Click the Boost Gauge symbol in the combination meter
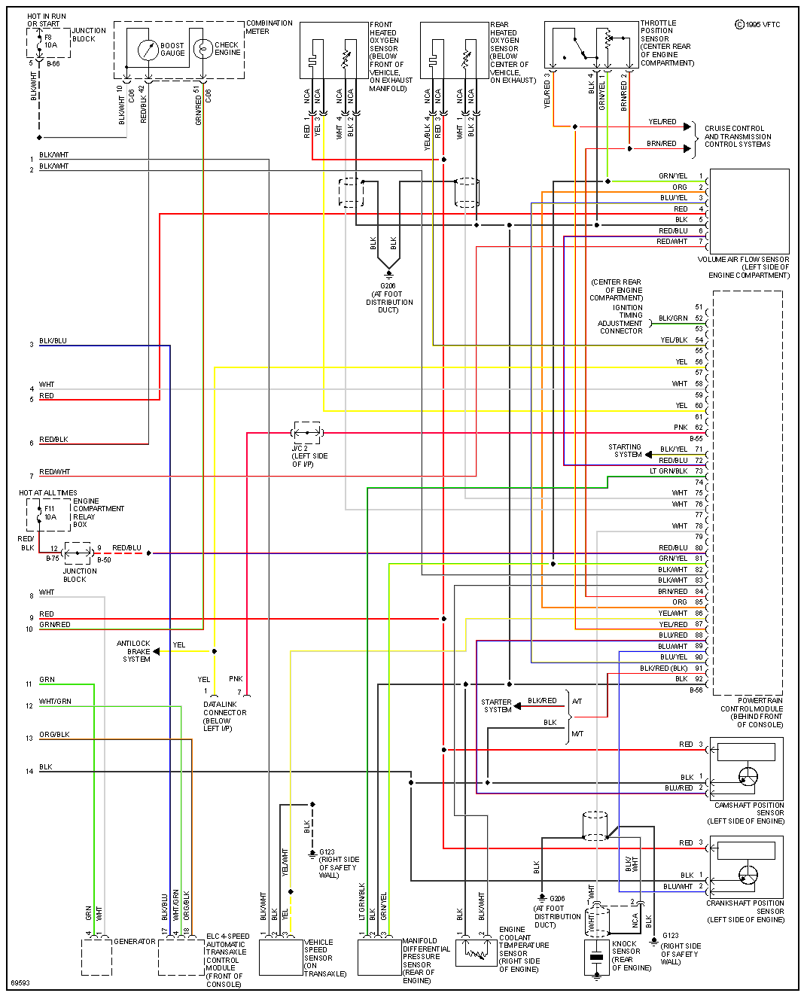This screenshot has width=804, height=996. (148, 50)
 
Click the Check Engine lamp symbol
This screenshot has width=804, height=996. (203, 49)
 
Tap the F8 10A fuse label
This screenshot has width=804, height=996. (50, 41)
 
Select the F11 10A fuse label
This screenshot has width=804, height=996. (50, 513)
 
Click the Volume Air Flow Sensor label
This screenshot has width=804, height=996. (743, 267)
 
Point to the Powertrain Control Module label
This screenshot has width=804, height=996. (751, 712)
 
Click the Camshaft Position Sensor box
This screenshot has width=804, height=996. (746, 768)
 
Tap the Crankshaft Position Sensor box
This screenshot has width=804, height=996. (746, 867)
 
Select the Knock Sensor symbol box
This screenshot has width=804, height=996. (597, 958)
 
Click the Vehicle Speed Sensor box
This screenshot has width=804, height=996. (281, 958)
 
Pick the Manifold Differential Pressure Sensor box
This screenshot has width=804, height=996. (379, 958)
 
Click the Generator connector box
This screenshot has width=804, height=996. (96, 958)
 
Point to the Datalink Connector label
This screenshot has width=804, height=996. (224, 716)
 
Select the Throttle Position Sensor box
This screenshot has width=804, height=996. (591, 45)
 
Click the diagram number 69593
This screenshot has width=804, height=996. (20, 983)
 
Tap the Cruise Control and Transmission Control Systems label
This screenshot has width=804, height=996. (737, 136)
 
